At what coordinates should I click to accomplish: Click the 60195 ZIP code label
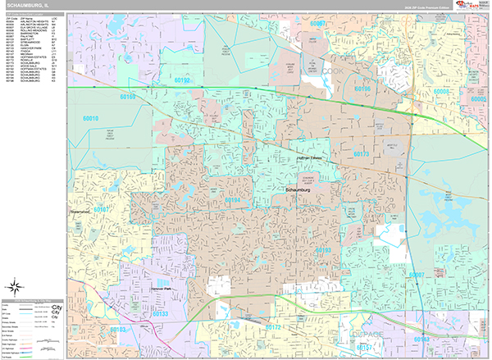(362, 89)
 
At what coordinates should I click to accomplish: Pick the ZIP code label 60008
(442, 92)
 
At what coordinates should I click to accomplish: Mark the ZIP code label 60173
(362, 154)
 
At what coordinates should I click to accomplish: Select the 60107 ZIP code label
(101, 210)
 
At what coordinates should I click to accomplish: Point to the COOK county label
(330, 71)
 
